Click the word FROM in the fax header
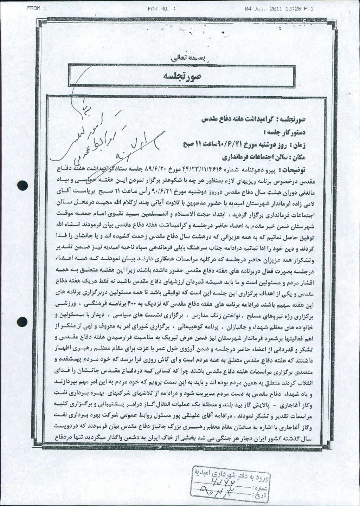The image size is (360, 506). coord(35,9)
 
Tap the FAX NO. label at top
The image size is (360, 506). coord(161,9)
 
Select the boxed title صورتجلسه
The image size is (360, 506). coord(182,76)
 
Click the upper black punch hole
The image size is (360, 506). coord(22,186)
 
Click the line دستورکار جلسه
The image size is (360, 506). coord(285,132)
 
